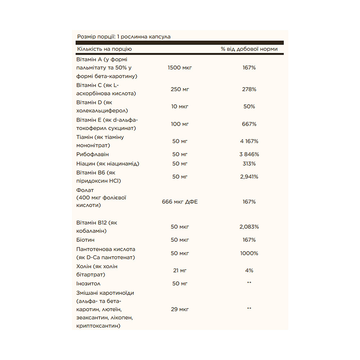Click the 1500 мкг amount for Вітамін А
click(x=180, y=67)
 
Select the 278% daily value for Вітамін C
click(x=249, y=89)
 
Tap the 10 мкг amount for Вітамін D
click(x=180, y=107)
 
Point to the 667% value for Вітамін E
click(x=249, y=124)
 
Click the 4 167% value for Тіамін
click(x=249, y=141)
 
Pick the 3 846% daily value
click(x=249, y=154)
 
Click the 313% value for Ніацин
click(x=249, y=163)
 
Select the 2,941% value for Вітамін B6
click(x=249, y=176)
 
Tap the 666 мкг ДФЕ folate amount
click(x=180, y=202)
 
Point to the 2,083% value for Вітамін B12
click(x=249, y=227)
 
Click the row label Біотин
click(x=85, y=240)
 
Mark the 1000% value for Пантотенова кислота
click(x=249, y=253)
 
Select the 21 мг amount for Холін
click(x=180, y=270)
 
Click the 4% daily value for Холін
click(x=249, y=270)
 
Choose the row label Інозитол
click(x=89, y=284)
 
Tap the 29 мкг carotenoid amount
click(x=180, y=309)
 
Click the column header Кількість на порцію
click(x=104, y=49)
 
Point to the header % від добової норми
click(x=249, y=49)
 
